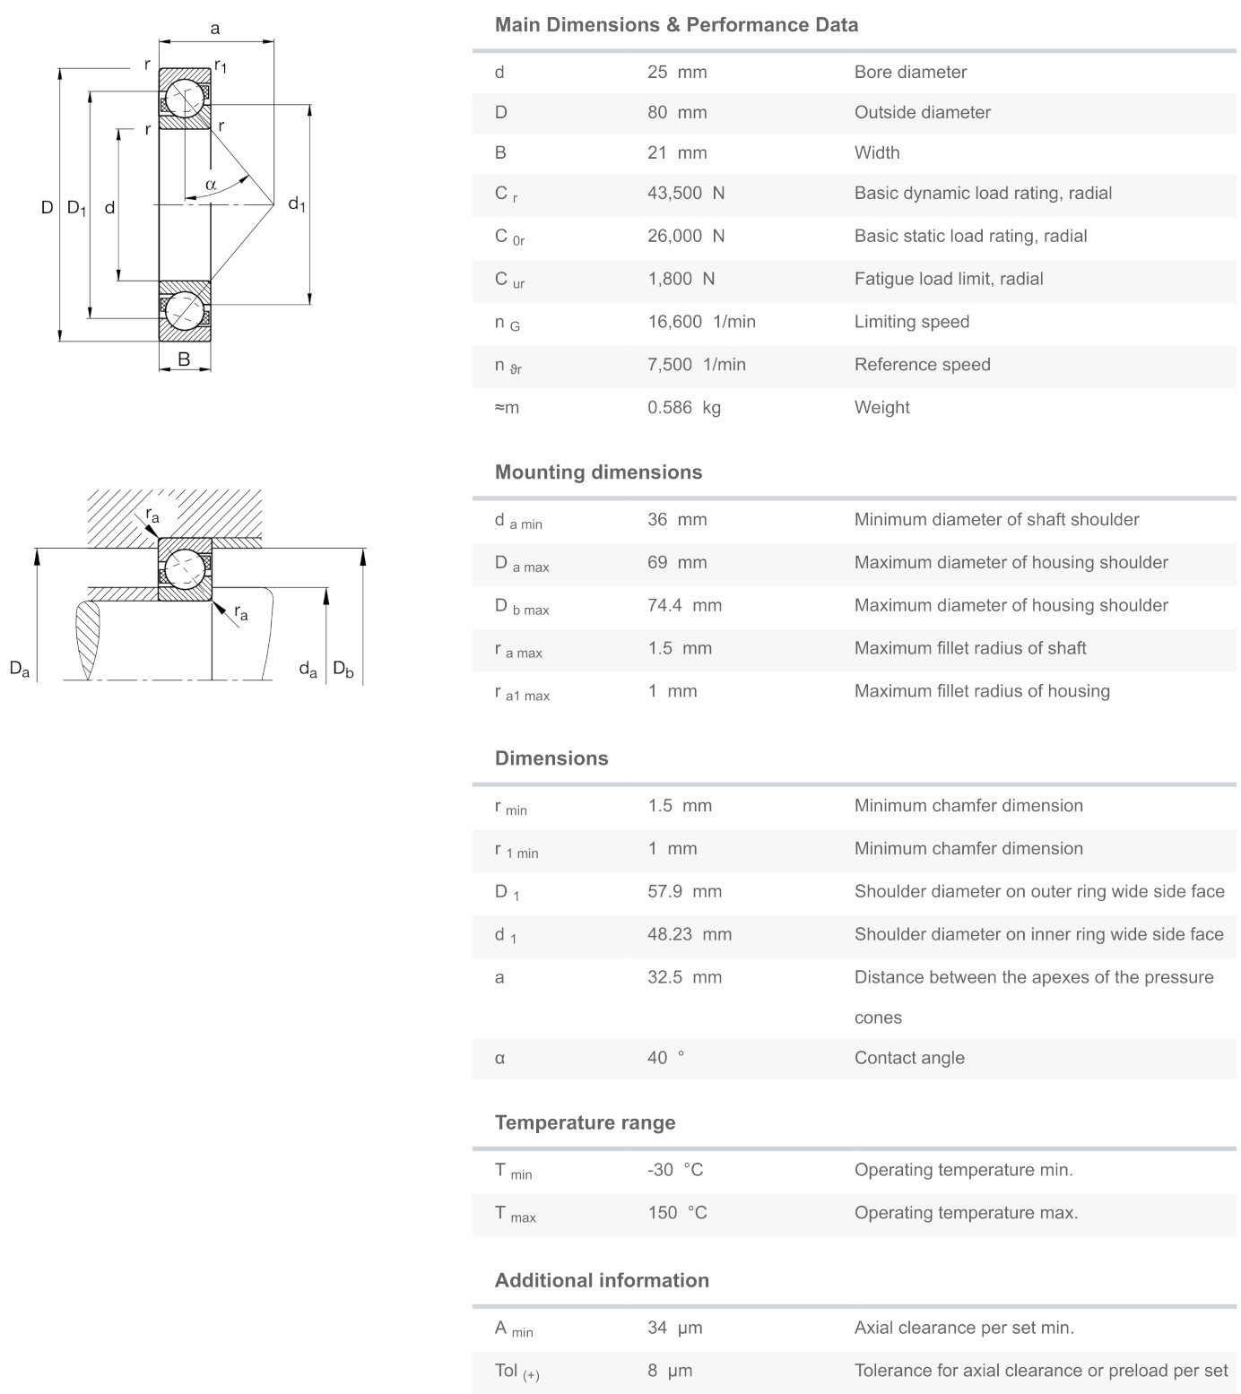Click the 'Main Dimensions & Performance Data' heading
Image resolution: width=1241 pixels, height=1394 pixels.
tap(676, 25)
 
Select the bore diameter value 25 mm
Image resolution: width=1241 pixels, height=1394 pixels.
tap(677, 73)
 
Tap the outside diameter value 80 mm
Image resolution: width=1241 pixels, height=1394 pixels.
tap(677, 113)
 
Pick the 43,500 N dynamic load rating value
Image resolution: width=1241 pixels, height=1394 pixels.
tap(686, 194)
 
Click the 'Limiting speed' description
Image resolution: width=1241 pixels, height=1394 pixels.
tap(911, 322)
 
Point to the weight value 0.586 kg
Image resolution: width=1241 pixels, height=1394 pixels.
tap(684, 408)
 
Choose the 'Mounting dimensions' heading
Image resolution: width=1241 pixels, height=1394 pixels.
tap(598, 472)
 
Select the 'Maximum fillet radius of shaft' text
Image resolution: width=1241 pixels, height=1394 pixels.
tap(969, 648)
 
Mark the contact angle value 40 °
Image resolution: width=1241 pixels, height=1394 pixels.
tap(665, 1059)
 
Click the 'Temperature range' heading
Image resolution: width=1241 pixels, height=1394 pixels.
tap(585, 1123)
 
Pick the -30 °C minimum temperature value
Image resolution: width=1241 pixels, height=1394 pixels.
tap(675, 1171)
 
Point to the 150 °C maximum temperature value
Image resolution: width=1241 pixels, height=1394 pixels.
tap(677, 1214)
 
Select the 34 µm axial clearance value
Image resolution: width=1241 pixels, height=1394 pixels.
tap(674, 1329)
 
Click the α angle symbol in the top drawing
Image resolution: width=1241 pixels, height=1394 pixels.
tap(211, 185)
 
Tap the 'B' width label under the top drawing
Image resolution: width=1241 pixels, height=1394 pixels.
tap(184, 359)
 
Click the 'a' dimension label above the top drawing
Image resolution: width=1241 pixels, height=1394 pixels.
tap(215, 29)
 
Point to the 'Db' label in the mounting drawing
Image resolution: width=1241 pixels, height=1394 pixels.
tap(343, 669)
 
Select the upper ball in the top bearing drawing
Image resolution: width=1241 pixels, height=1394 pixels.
tap(186, 98)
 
